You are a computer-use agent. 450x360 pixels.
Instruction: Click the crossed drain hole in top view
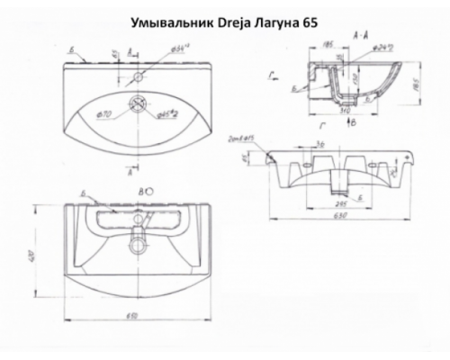138,103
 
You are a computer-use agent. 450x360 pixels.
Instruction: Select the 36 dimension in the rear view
319,146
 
